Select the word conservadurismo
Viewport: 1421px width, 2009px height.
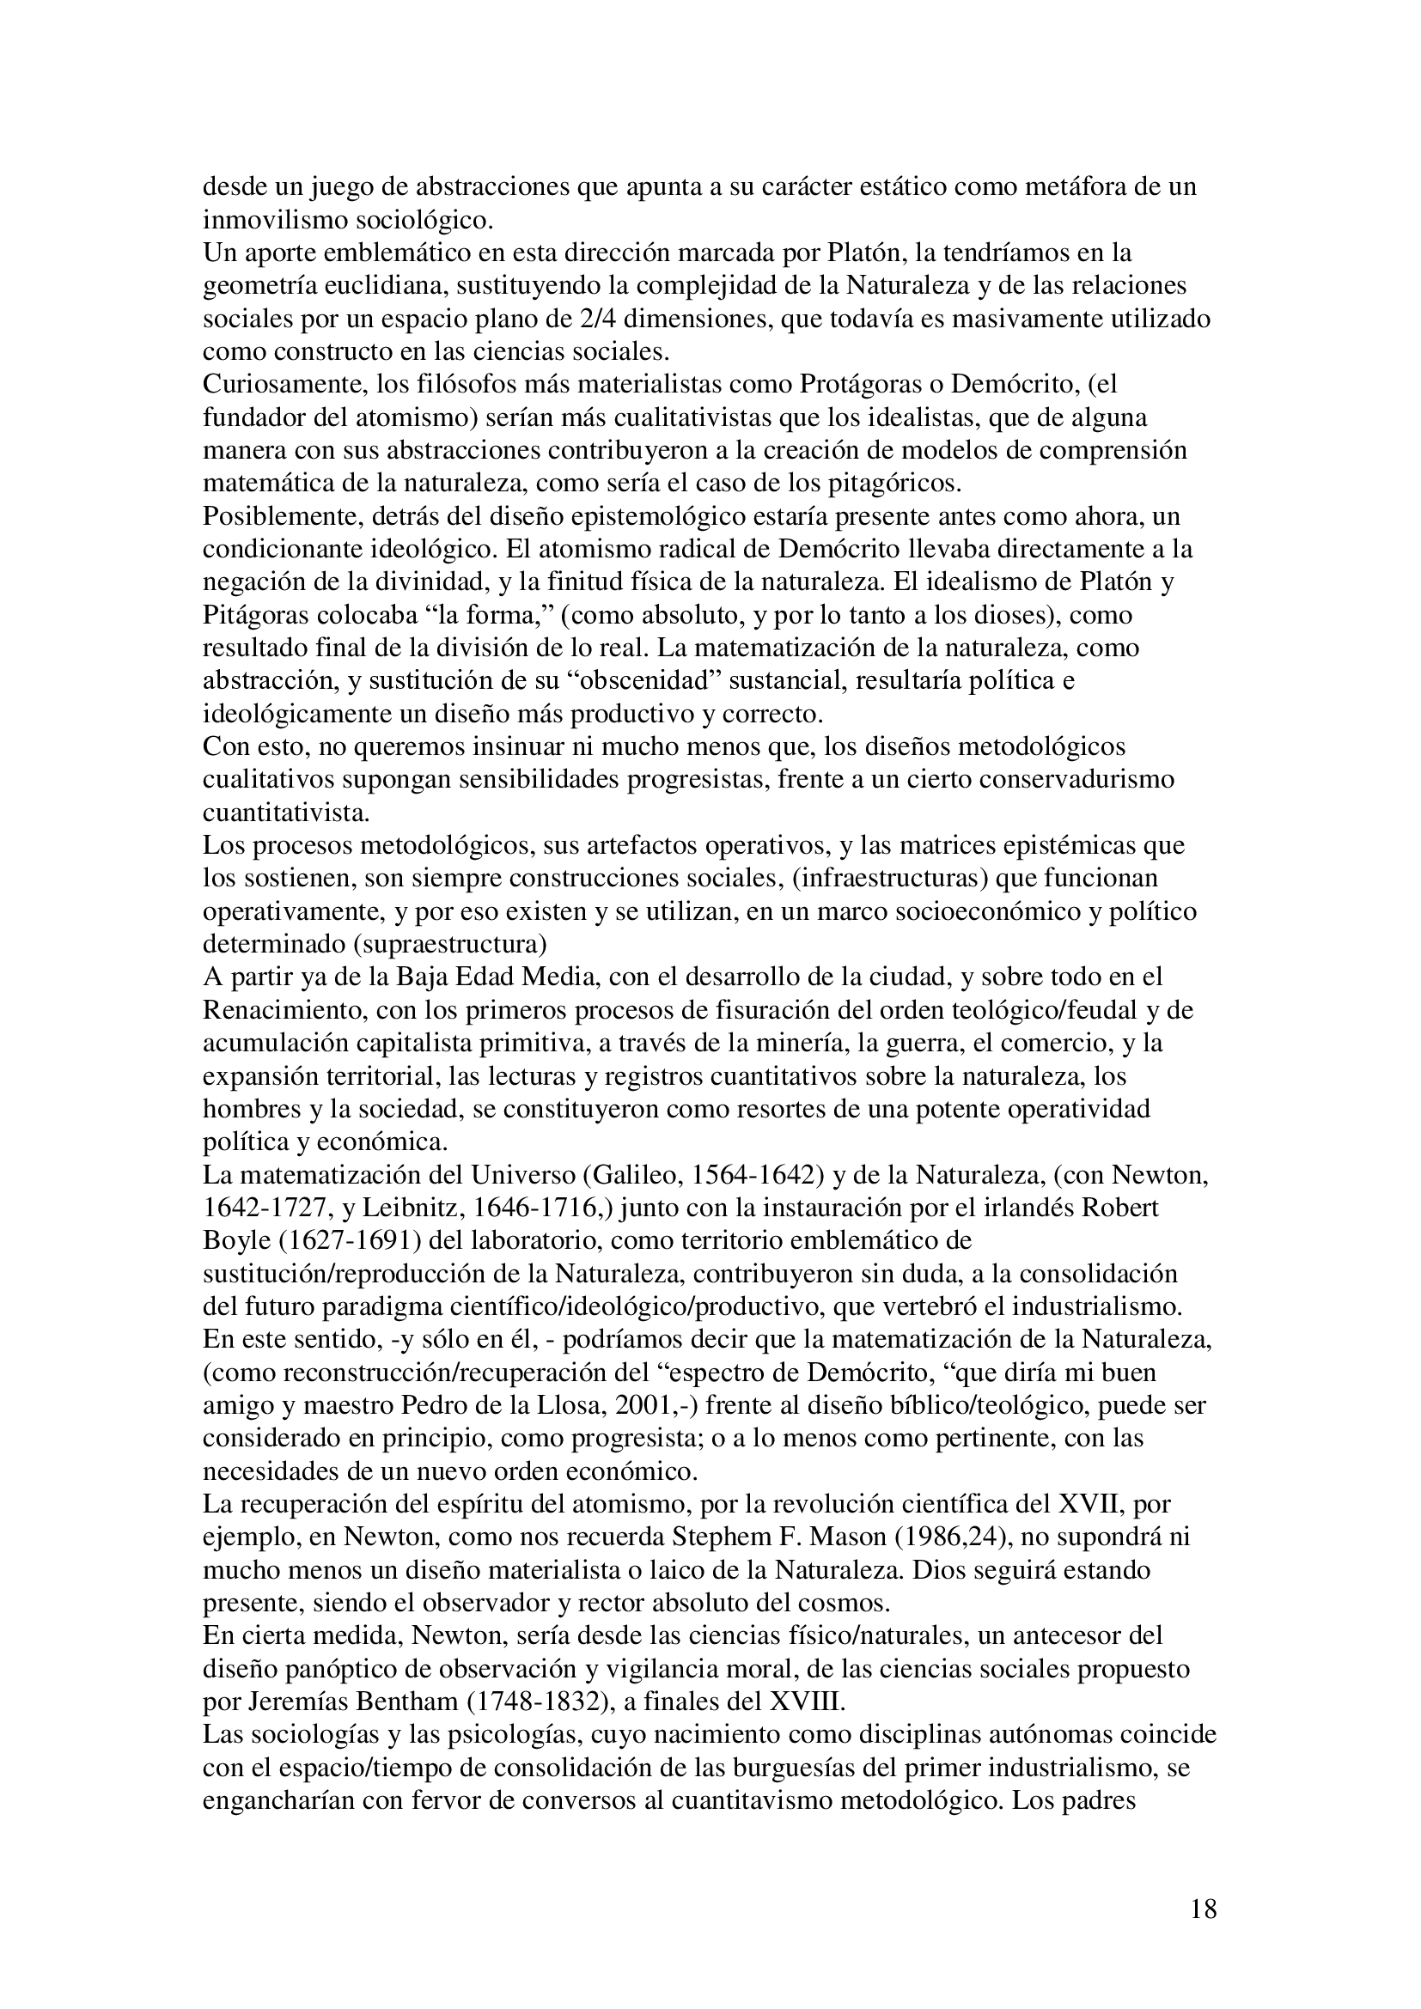(1098, 779)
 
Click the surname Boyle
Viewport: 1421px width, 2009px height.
(239, 1241)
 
